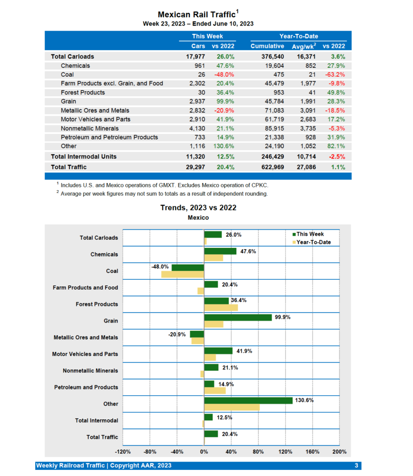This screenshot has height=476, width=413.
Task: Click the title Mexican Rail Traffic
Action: click(x=196, y=15)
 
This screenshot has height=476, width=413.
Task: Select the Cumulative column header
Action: click(x=267, y=46)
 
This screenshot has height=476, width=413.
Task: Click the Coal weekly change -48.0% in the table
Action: click(x=224, y=74)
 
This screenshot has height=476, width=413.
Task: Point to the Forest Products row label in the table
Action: click(x=83, y=93)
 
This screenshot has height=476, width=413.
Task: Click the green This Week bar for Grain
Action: click(x=238, y=317)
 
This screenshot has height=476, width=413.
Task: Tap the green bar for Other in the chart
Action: click(x=248, y=401)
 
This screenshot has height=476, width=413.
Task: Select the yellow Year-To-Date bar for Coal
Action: click(x=182, y=274)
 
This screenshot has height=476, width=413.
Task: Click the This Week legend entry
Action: click(x=309, y=234)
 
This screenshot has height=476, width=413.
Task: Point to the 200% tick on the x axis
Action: click(x=340, y=451)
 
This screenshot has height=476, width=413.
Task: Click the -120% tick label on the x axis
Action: click(x=123, y=451)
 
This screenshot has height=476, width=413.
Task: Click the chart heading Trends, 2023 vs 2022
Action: click(x=198, y=208)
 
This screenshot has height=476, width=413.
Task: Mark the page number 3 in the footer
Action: click(x=356, y=465)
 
